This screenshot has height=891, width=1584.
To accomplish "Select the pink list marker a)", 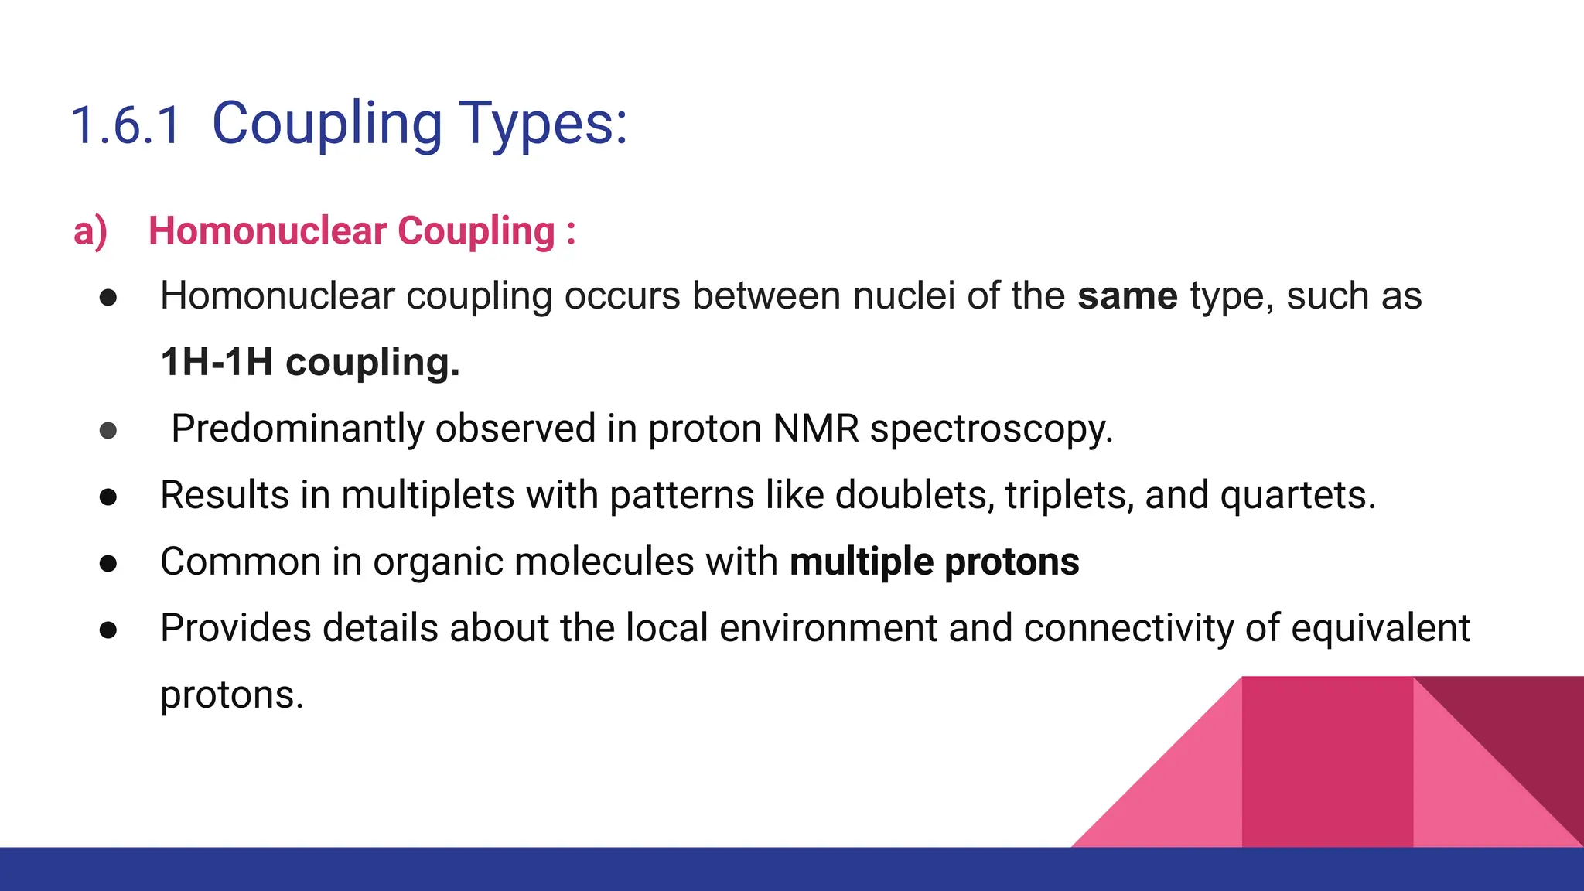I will pyautogui.click(x=90, y=231).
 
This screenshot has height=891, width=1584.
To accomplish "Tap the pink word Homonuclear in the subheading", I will pyautogui.click(x=268, y=230).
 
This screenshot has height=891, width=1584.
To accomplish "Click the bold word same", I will pyautogui.click(x=1127, y=296).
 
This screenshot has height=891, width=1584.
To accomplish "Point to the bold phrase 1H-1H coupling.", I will pyautogui.click(x=309, y=362).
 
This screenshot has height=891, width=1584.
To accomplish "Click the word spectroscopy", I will pyautogui.click(x=991, y=430).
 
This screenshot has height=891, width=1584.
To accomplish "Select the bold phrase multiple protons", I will pyautogui.click(x=934, y=562).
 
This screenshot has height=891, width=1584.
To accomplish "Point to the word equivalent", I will pyautogui.click(x=1380, y=628).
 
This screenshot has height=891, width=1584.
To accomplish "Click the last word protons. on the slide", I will pyautogui.click(x=231, y=695).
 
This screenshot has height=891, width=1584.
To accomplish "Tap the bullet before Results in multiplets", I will pyautogui.click(x=108, y=497).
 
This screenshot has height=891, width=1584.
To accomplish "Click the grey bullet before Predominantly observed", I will pyautogui.click(x=108, y=430).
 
